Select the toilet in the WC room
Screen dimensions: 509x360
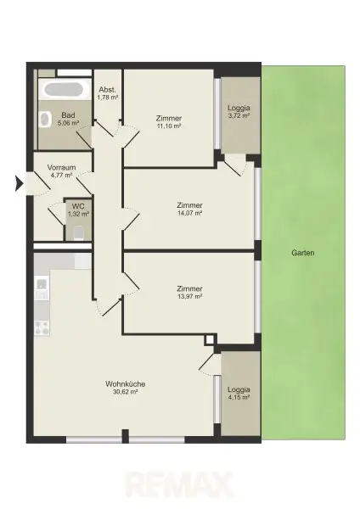pyautogui.click(x=78, y=232)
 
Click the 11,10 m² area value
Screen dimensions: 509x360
pyautogui.click(x=170, y=126)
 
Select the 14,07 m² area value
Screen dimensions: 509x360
pyautogui.click(x=189, y=214)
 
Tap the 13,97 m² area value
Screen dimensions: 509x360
pyautogui.click(x=189, y=297)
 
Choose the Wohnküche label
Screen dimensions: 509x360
pyautogui.click(x=125, y=383)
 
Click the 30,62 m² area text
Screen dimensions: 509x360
pyautogui.click(x=125, y=392)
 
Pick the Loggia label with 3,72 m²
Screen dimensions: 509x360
pyautogui.click(x=238, y=108)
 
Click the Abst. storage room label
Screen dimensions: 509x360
pyautogui.click(x=107, y=89)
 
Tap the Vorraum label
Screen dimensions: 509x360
pyautogui.click(x=62, y=168)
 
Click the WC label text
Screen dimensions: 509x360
pyautogui.click(x=77, y=206)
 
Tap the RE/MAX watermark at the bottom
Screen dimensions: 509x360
pyautogui.click(x=179, y=485)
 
